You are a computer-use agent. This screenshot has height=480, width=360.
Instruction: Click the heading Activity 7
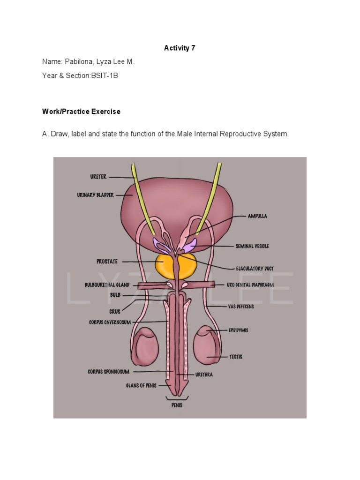tap(180, 48)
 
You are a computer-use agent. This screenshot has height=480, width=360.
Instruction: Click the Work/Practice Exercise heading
tap(81, 112)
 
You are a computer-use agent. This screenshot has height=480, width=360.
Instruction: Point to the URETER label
tap(98, 177)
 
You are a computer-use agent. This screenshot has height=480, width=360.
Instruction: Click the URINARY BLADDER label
tap(95, 195)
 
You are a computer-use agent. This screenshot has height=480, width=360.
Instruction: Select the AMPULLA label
tap(257, 217)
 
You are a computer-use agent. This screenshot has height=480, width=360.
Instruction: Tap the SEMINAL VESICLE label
tap(252, 246)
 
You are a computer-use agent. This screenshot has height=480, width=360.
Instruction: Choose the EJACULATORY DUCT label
tap(255, 269)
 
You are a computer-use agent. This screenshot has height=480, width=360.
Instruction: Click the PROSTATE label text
tap(107, 262)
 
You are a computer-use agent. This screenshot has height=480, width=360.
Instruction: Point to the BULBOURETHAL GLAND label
tap(107, 285)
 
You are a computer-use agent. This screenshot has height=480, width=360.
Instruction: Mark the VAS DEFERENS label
tap(241, 307)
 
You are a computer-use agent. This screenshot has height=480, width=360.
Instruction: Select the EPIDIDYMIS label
tap(238, 330)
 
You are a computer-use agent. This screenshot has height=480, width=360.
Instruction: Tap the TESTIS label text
tap(236, 357)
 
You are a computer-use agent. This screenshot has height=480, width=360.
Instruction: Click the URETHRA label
tap(204, 375)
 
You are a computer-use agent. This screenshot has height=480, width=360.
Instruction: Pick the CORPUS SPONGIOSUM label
tap(108, 372)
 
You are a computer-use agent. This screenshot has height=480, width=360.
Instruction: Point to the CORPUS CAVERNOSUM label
tap(110, 322)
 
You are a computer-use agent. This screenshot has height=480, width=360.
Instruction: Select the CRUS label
tap(115, 311)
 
